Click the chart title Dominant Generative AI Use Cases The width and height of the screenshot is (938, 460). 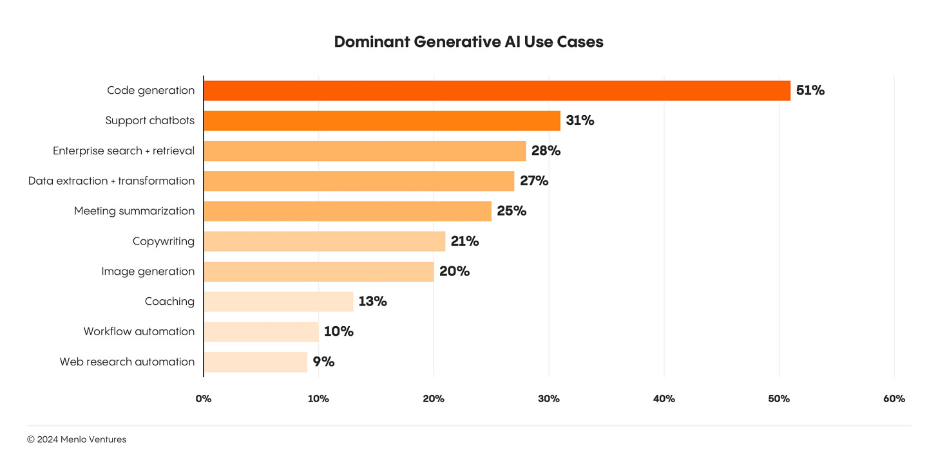(x=468, y=42)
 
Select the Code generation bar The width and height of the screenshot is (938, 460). (x=497, y=91)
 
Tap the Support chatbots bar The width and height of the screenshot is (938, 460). (x=382, y=121)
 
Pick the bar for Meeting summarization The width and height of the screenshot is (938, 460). (x=347, y=211)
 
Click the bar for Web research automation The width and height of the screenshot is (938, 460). (x=255, y=362)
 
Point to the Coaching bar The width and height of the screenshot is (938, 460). (x=278, y=301)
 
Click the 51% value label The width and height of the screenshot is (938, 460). (x=810, y=91)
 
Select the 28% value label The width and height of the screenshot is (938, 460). (x=546, y=151)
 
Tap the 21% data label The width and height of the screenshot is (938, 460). (x=464, y=241)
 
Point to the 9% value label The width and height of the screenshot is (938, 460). (x=323, y=362)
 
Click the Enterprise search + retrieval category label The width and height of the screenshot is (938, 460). (x=124, y=151)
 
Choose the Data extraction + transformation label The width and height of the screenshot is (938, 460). (x=111, y=181)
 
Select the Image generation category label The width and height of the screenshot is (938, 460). (x=148, y=271)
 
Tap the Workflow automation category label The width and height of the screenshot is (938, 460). (x=139, y=331)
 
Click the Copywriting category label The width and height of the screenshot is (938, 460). (x=163, y=241)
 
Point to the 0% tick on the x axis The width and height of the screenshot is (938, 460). (x=204, y=399)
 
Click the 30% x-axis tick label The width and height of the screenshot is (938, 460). (x=549, y=399)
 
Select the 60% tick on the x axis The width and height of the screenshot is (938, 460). (x=894, y=399)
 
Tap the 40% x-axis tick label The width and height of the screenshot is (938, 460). (x=664, y=399)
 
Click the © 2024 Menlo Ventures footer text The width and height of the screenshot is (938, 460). (x=77, y=439)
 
